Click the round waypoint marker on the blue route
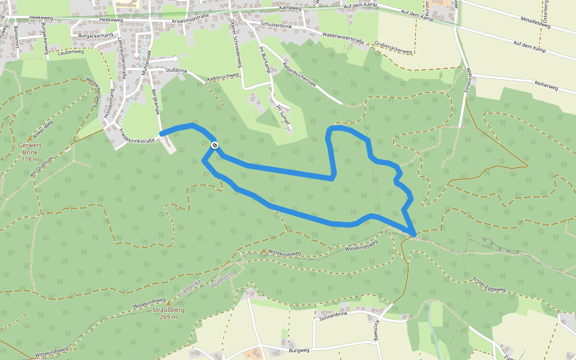[x=214, y=145]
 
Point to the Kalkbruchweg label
[x=223, y=77]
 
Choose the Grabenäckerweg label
[x=392, y=48]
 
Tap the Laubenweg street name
[x=71, y=52]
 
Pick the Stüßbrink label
[x=176, y=71]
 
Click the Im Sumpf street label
[x=283, y=115]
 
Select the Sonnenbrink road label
[x=334, y=314]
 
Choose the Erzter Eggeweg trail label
[x=490, y=285]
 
